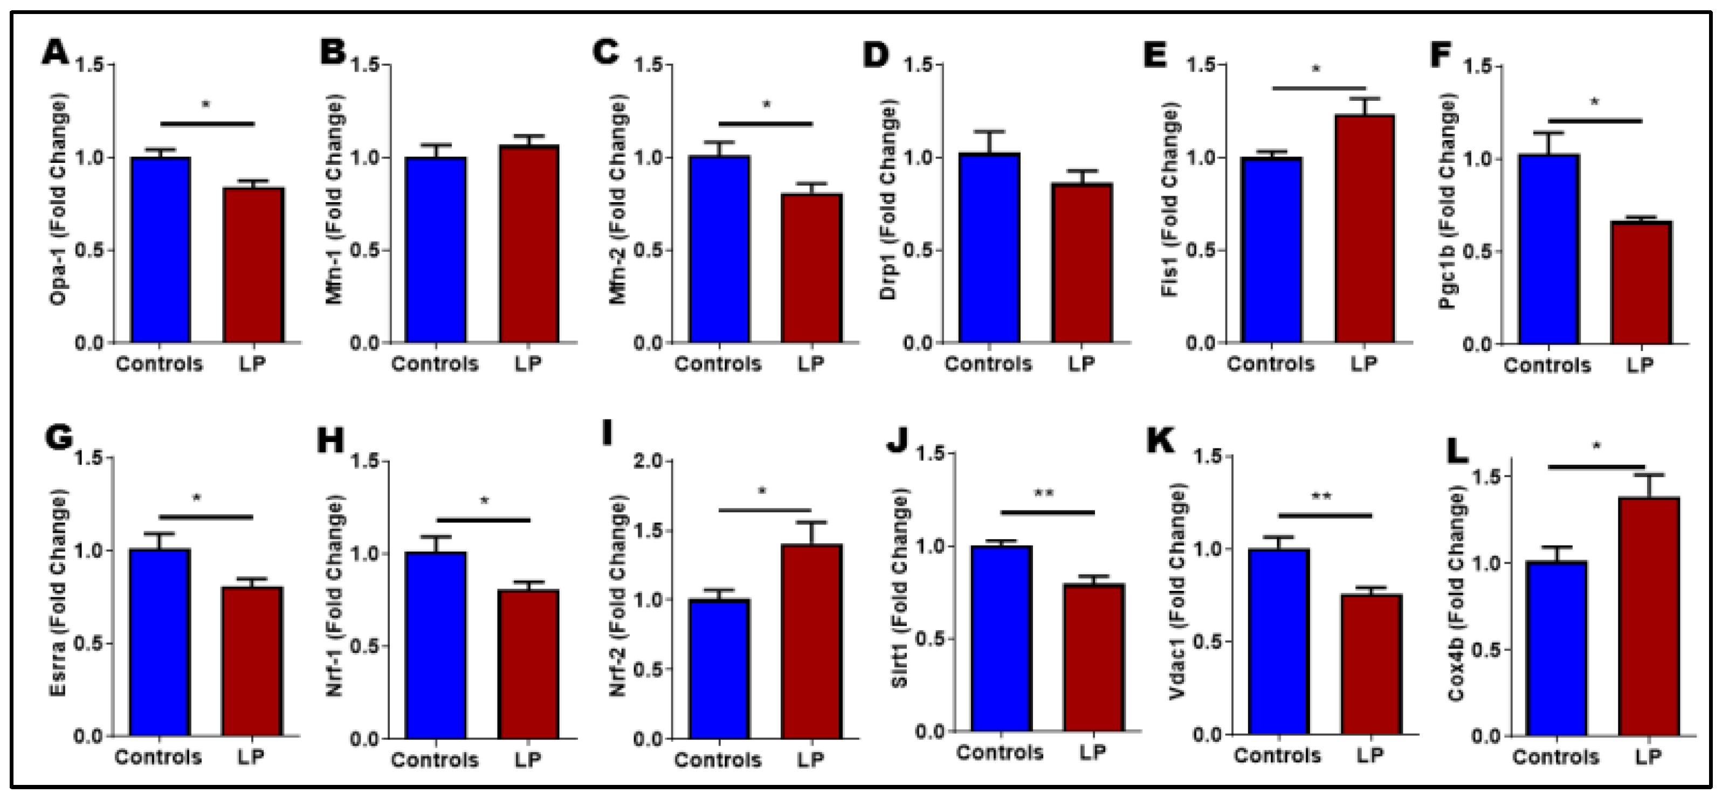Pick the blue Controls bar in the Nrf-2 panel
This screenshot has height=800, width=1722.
[719, 668]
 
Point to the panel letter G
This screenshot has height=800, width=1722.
[59, 438]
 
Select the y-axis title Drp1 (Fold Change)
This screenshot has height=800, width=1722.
[888, 201]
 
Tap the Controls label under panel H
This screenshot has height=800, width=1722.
[435, 760]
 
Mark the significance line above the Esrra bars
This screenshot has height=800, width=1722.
[206, 516]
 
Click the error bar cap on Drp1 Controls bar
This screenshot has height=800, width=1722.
[989, 132]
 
